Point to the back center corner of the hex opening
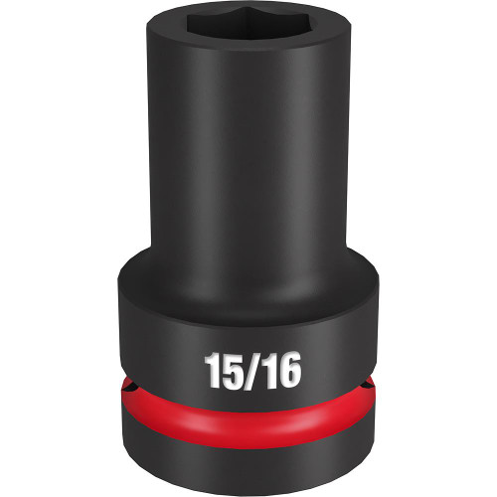(248, 21)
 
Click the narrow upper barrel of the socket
(248, 169)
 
